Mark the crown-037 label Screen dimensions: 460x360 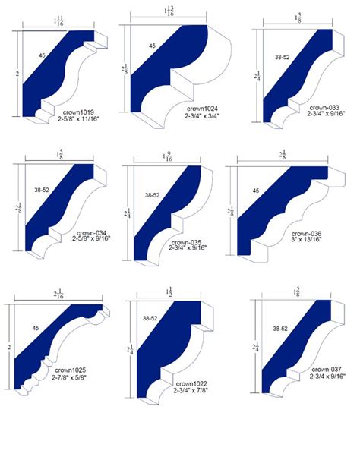point(324,367)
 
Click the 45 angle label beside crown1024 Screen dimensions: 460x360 point(152,46)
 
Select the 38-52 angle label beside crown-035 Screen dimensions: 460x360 point(150,194)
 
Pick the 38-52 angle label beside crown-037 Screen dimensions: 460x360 point(279,328)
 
